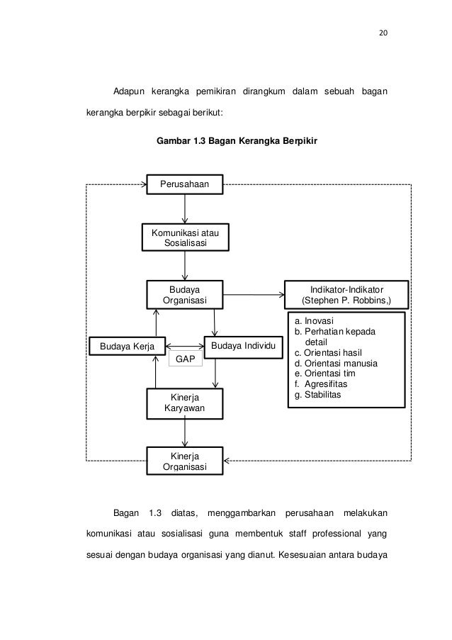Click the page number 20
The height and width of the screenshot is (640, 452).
click(x=385, y=32)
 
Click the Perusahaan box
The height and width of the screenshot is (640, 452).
click(x=184, y=184)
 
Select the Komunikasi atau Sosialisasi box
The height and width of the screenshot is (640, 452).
click(x=185, y=237)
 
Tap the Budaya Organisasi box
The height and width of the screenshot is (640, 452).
click(x=184, y=295)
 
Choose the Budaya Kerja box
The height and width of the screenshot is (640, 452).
click(x=123, y=346)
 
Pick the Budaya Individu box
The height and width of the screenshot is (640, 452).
click(x=242, y=346)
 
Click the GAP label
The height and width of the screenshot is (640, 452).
click(x=186, y=359)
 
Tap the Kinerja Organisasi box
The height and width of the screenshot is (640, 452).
click(x=184, y=460)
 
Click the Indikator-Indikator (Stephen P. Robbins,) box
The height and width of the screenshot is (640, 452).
click(x=346, y=295)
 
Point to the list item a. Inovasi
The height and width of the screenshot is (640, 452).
click(x=314, y=321)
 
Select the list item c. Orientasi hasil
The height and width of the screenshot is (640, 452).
click(x=328, y=352)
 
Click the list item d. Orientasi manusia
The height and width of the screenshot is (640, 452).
click(x=335, y=363)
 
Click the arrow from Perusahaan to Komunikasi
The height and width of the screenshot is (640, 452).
click(x=185, y=208)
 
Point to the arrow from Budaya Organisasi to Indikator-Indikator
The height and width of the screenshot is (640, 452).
click(x=252, y=293)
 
